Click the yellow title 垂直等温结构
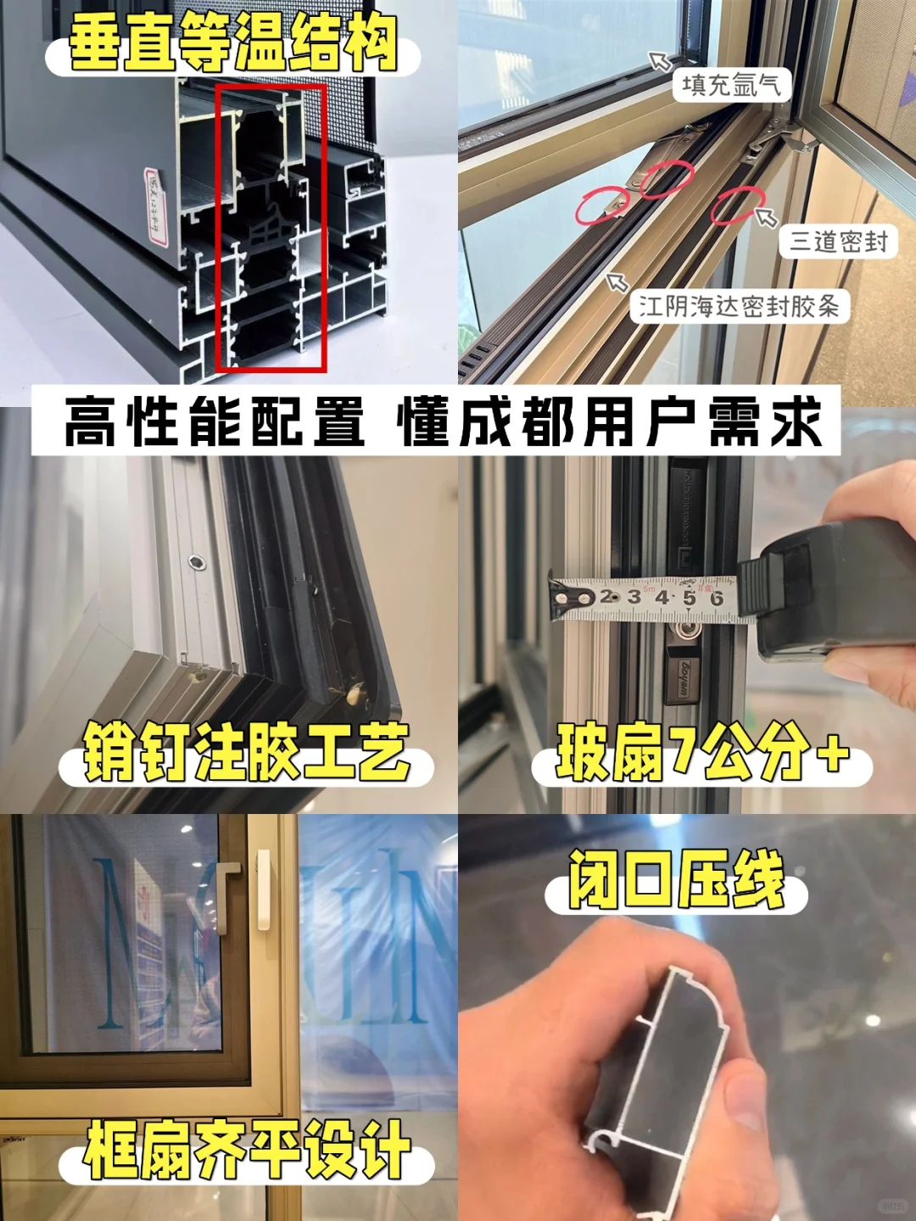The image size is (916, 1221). coord(232,44)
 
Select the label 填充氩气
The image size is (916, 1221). coord(730,85)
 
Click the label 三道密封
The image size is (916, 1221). coord(838,242)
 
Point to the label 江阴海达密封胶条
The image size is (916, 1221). coord(738,306)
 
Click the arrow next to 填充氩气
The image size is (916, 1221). coord(660,60)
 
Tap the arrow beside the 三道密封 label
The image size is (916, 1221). coord(766,218)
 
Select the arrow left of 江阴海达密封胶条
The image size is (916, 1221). coord(617,282)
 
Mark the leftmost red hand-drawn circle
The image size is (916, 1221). coord(602,205)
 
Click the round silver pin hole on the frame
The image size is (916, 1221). coord(196,560)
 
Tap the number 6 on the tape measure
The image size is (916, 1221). coord(717,599)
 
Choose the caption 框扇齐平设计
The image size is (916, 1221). coord(246,1151)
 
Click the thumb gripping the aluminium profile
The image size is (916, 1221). coord(742,1094)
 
